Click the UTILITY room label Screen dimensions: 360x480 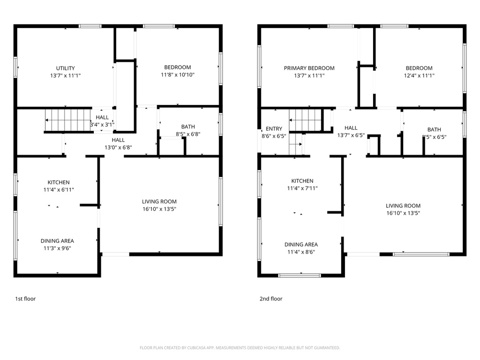(x=65, y=68)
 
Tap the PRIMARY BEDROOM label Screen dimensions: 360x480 (x=309, y=68)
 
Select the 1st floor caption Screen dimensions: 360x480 (x=26, y=299)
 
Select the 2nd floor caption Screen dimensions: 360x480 (x=271, y=299)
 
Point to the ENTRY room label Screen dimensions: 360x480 (x=274, y=128)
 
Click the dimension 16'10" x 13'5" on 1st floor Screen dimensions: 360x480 (x=159, y=209)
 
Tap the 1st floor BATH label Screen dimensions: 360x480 (x=188, y=127)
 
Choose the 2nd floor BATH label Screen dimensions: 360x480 (x=434, y=129)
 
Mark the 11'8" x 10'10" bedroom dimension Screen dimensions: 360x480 (x=177, y=75)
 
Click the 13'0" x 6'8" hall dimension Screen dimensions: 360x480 (x=118, y=147)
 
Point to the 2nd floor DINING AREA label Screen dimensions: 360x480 (x=301, y=244)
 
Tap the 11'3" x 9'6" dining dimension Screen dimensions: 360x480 (x=57, y=248)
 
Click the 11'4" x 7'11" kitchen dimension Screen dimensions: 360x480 (x=302, y=188)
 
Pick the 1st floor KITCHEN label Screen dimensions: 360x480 (x=59, y=182)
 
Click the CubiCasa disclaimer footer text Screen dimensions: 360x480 (x=240, y=348)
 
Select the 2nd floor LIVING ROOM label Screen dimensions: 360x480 (x=403, y=205)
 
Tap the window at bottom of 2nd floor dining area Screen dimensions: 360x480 (x=300, y=275)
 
